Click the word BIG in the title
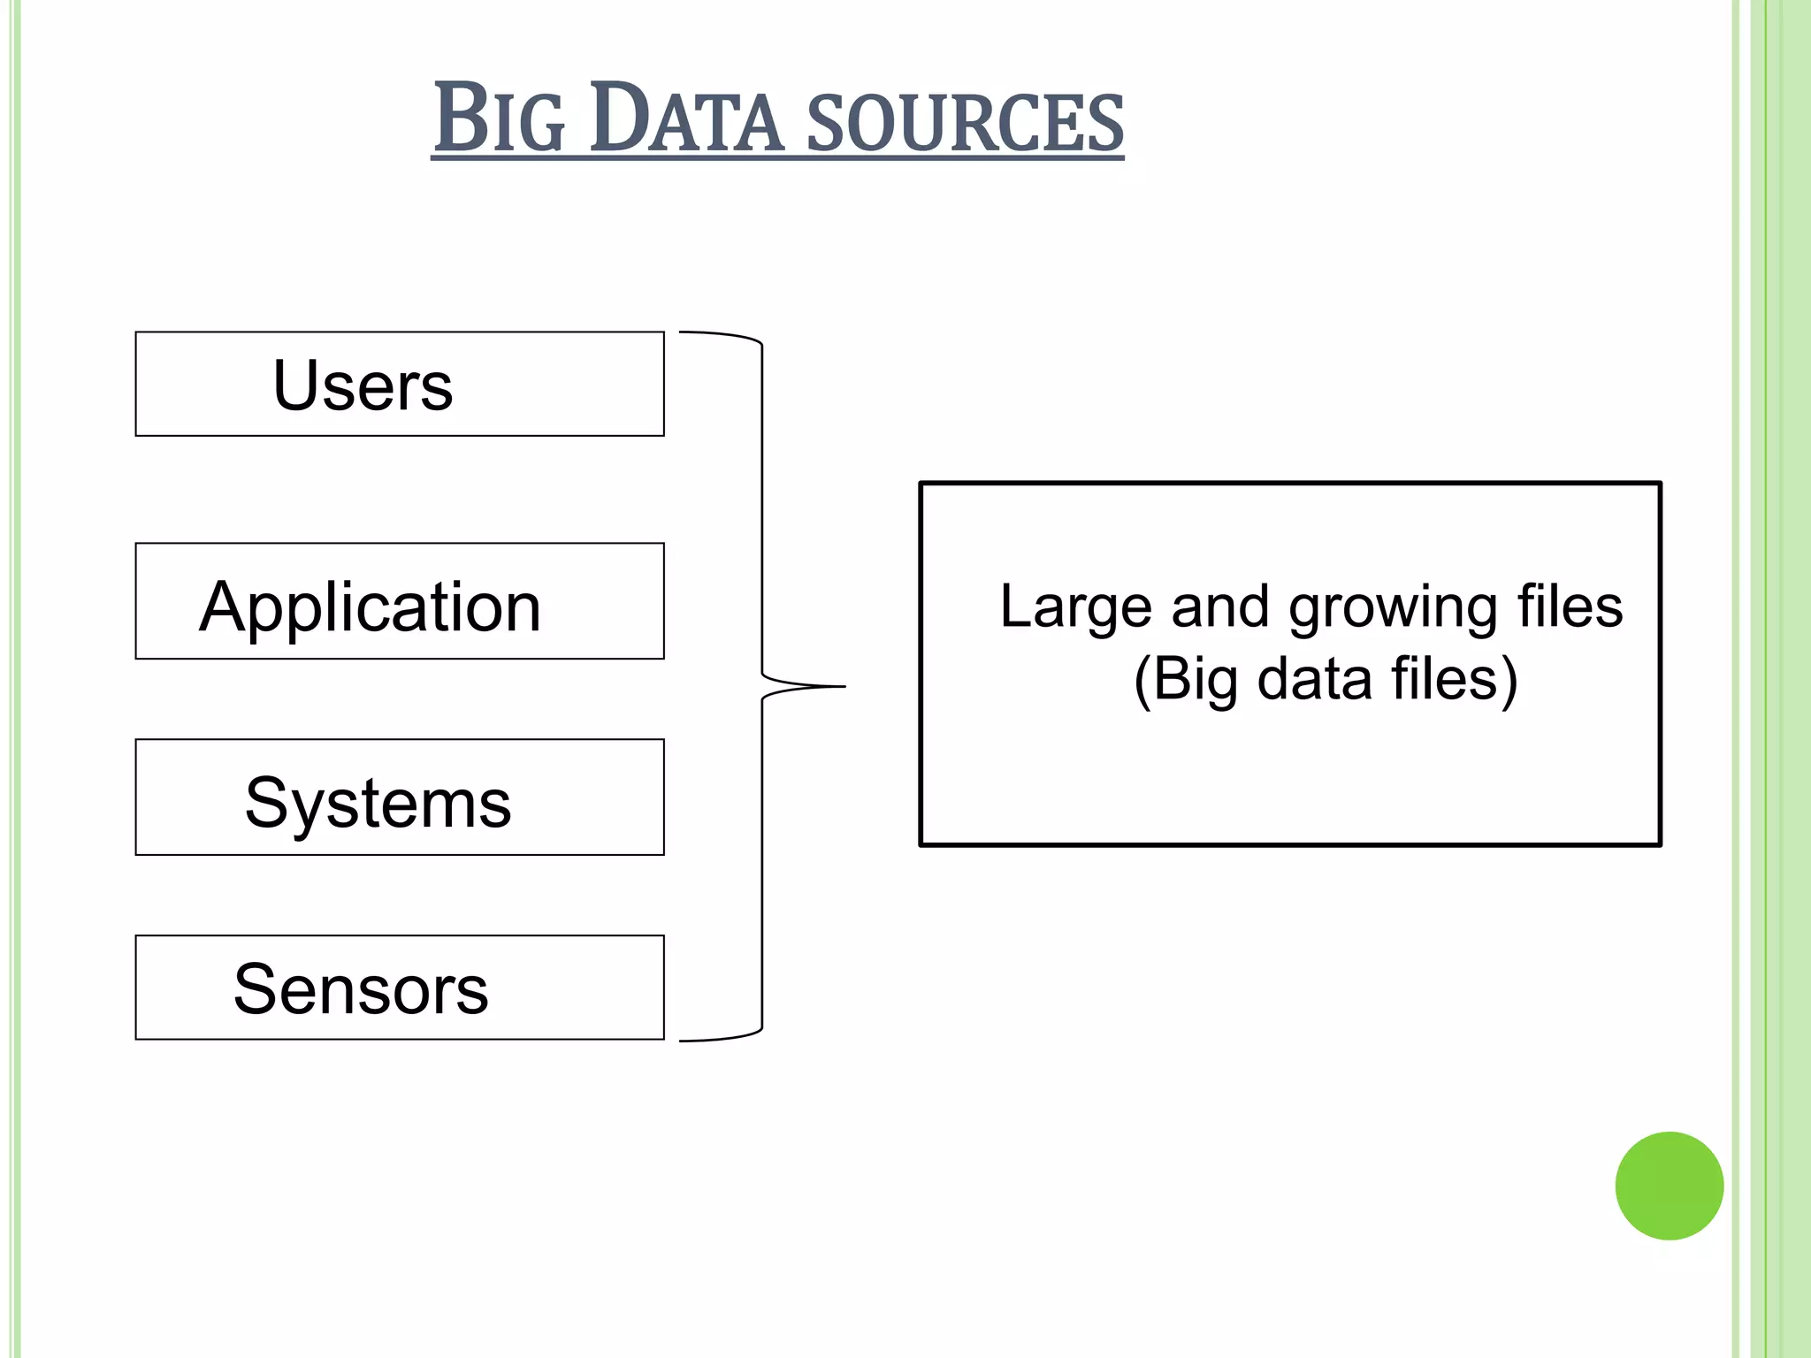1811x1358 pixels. pyautogui.click(x=499, y=119)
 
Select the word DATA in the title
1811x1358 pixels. pyautogui.click(x=687, y=119)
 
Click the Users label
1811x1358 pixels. pyautogui.click(x=363, y=385)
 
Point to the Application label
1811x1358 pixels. pyautogui.click(x=370, y=607)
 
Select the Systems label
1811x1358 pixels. pyautogui.click(x=378, y=803)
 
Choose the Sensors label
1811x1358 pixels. pyautogui.click(x=361, y=989)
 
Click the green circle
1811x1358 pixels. pyautogui.click(x=1669, y=1186)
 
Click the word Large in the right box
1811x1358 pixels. pyautogui.click(x=1075, y=607)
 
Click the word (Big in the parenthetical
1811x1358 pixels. pyautogui.click(x=1185, y=681)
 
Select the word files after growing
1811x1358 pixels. pyautogui.click(x=1570, y=607)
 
